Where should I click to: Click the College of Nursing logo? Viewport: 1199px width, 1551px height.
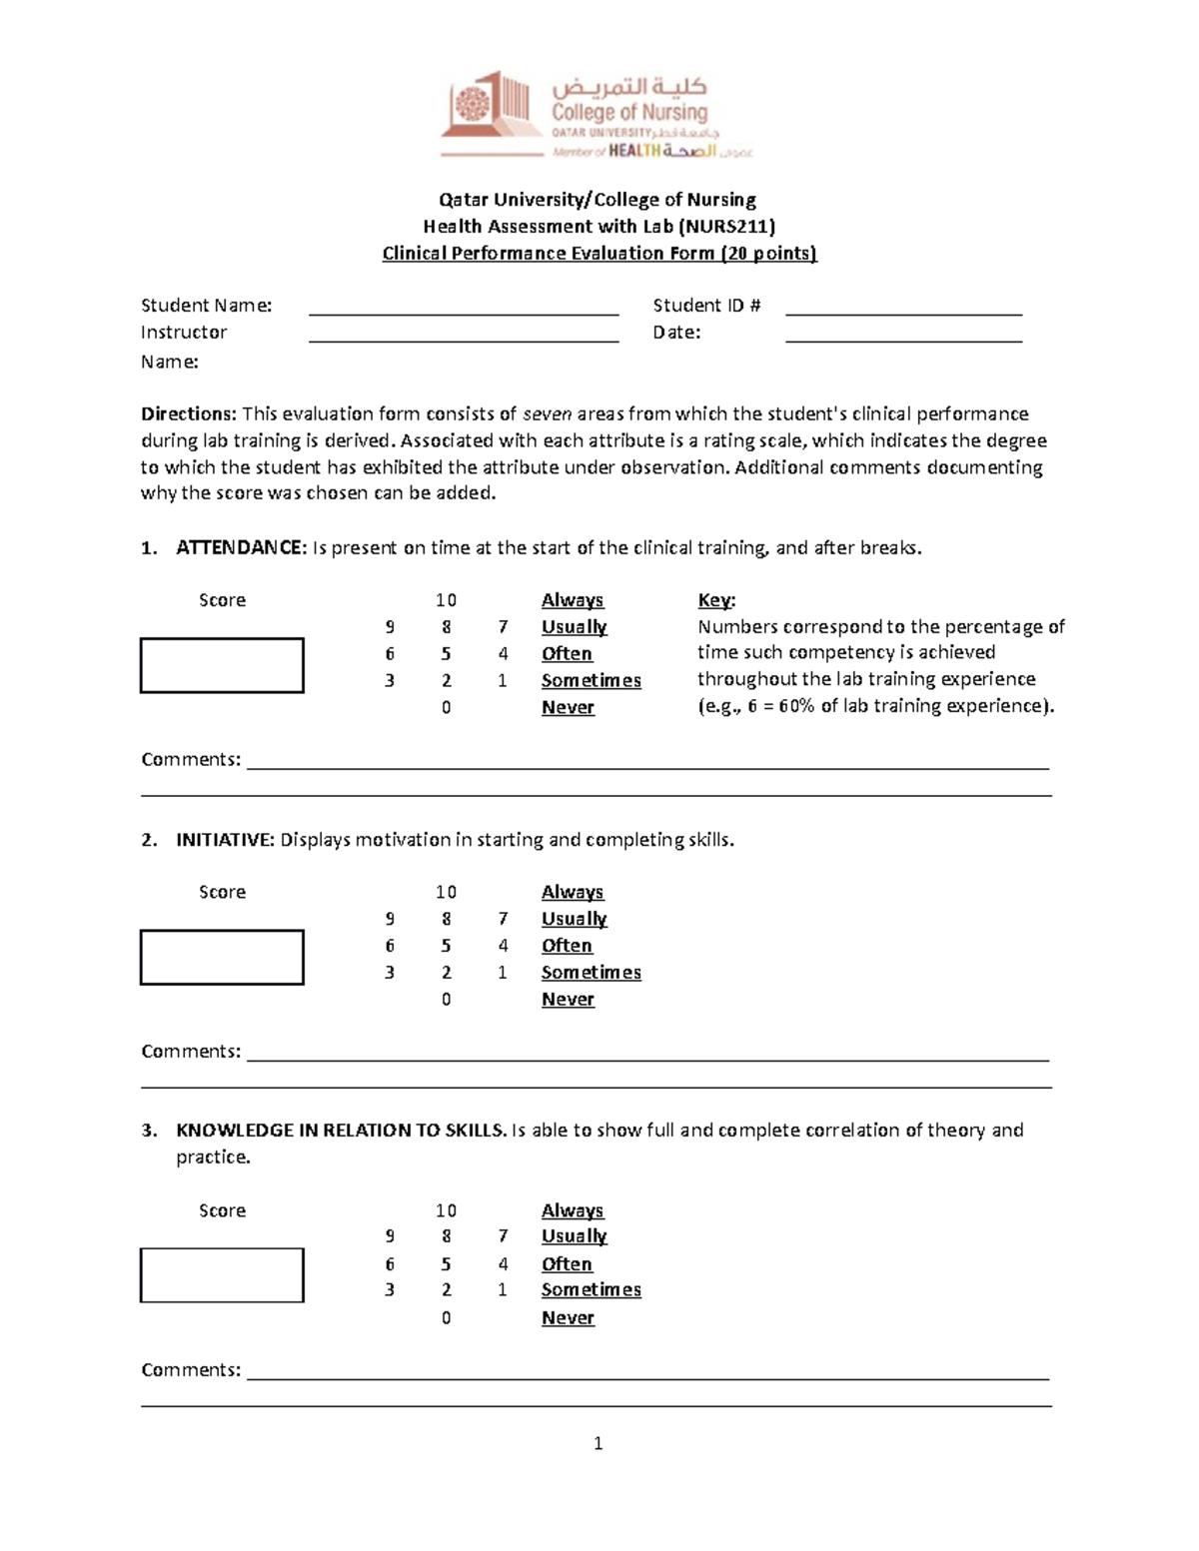click(596, 115)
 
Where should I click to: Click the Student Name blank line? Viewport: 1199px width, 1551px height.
click(464, 308)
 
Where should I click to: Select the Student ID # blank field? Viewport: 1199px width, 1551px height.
click(903, 308)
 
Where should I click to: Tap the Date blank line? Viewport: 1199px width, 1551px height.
click(903, 335)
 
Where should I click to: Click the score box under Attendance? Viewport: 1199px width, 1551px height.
click(222, 665)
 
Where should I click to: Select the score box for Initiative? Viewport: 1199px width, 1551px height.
click(222, 957)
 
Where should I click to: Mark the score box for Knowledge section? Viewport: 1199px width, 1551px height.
click(222, 1275)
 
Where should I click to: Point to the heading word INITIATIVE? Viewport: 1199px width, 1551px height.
click(225, 840)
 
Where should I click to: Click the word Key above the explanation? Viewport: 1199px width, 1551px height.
click(714, 600)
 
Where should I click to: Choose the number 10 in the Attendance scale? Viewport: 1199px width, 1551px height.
click(446, 600)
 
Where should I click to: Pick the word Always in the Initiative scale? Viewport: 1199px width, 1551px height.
click(573, 892)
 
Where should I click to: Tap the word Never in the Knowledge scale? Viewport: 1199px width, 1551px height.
click(568, 1317)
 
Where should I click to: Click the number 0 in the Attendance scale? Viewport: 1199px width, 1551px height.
click(446, 707)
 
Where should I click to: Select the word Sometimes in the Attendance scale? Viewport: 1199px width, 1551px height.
click(591, 680)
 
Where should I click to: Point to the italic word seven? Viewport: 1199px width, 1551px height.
click(547, 413)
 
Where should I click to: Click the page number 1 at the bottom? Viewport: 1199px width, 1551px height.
click(598, 1443)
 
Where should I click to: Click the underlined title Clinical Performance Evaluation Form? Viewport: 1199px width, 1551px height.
click(599, 254)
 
